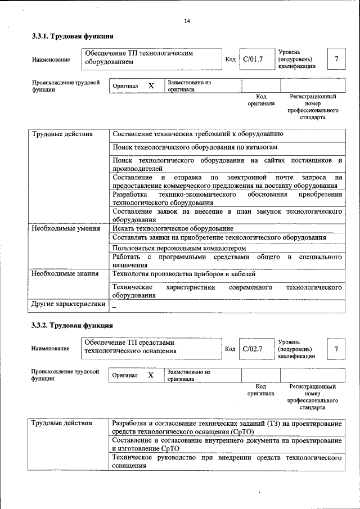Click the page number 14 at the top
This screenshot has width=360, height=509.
click(x=187, y=21)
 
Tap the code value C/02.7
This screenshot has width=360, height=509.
click(x=253, y=349)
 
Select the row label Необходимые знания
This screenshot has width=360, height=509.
click(x=65, y=274)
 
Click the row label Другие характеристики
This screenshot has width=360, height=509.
click(x=68, y=304)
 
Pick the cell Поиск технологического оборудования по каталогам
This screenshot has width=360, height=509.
click(x=195, y=147)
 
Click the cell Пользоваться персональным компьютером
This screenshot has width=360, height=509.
click(x=179, y=247)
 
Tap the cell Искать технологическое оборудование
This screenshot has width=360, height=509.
click(x=173, y=229)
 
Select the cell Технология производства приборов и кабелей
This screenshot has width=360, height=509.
click(x=184, y=274)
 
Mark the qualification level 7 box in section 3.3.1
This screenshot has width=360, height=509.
click(x=336, y=59)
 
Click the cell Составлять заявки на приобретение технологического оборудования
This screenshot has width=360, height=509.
click(x=219, y=238)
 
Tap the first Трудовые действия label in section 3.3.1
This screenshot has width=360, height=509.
click(x=62, y=134)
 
